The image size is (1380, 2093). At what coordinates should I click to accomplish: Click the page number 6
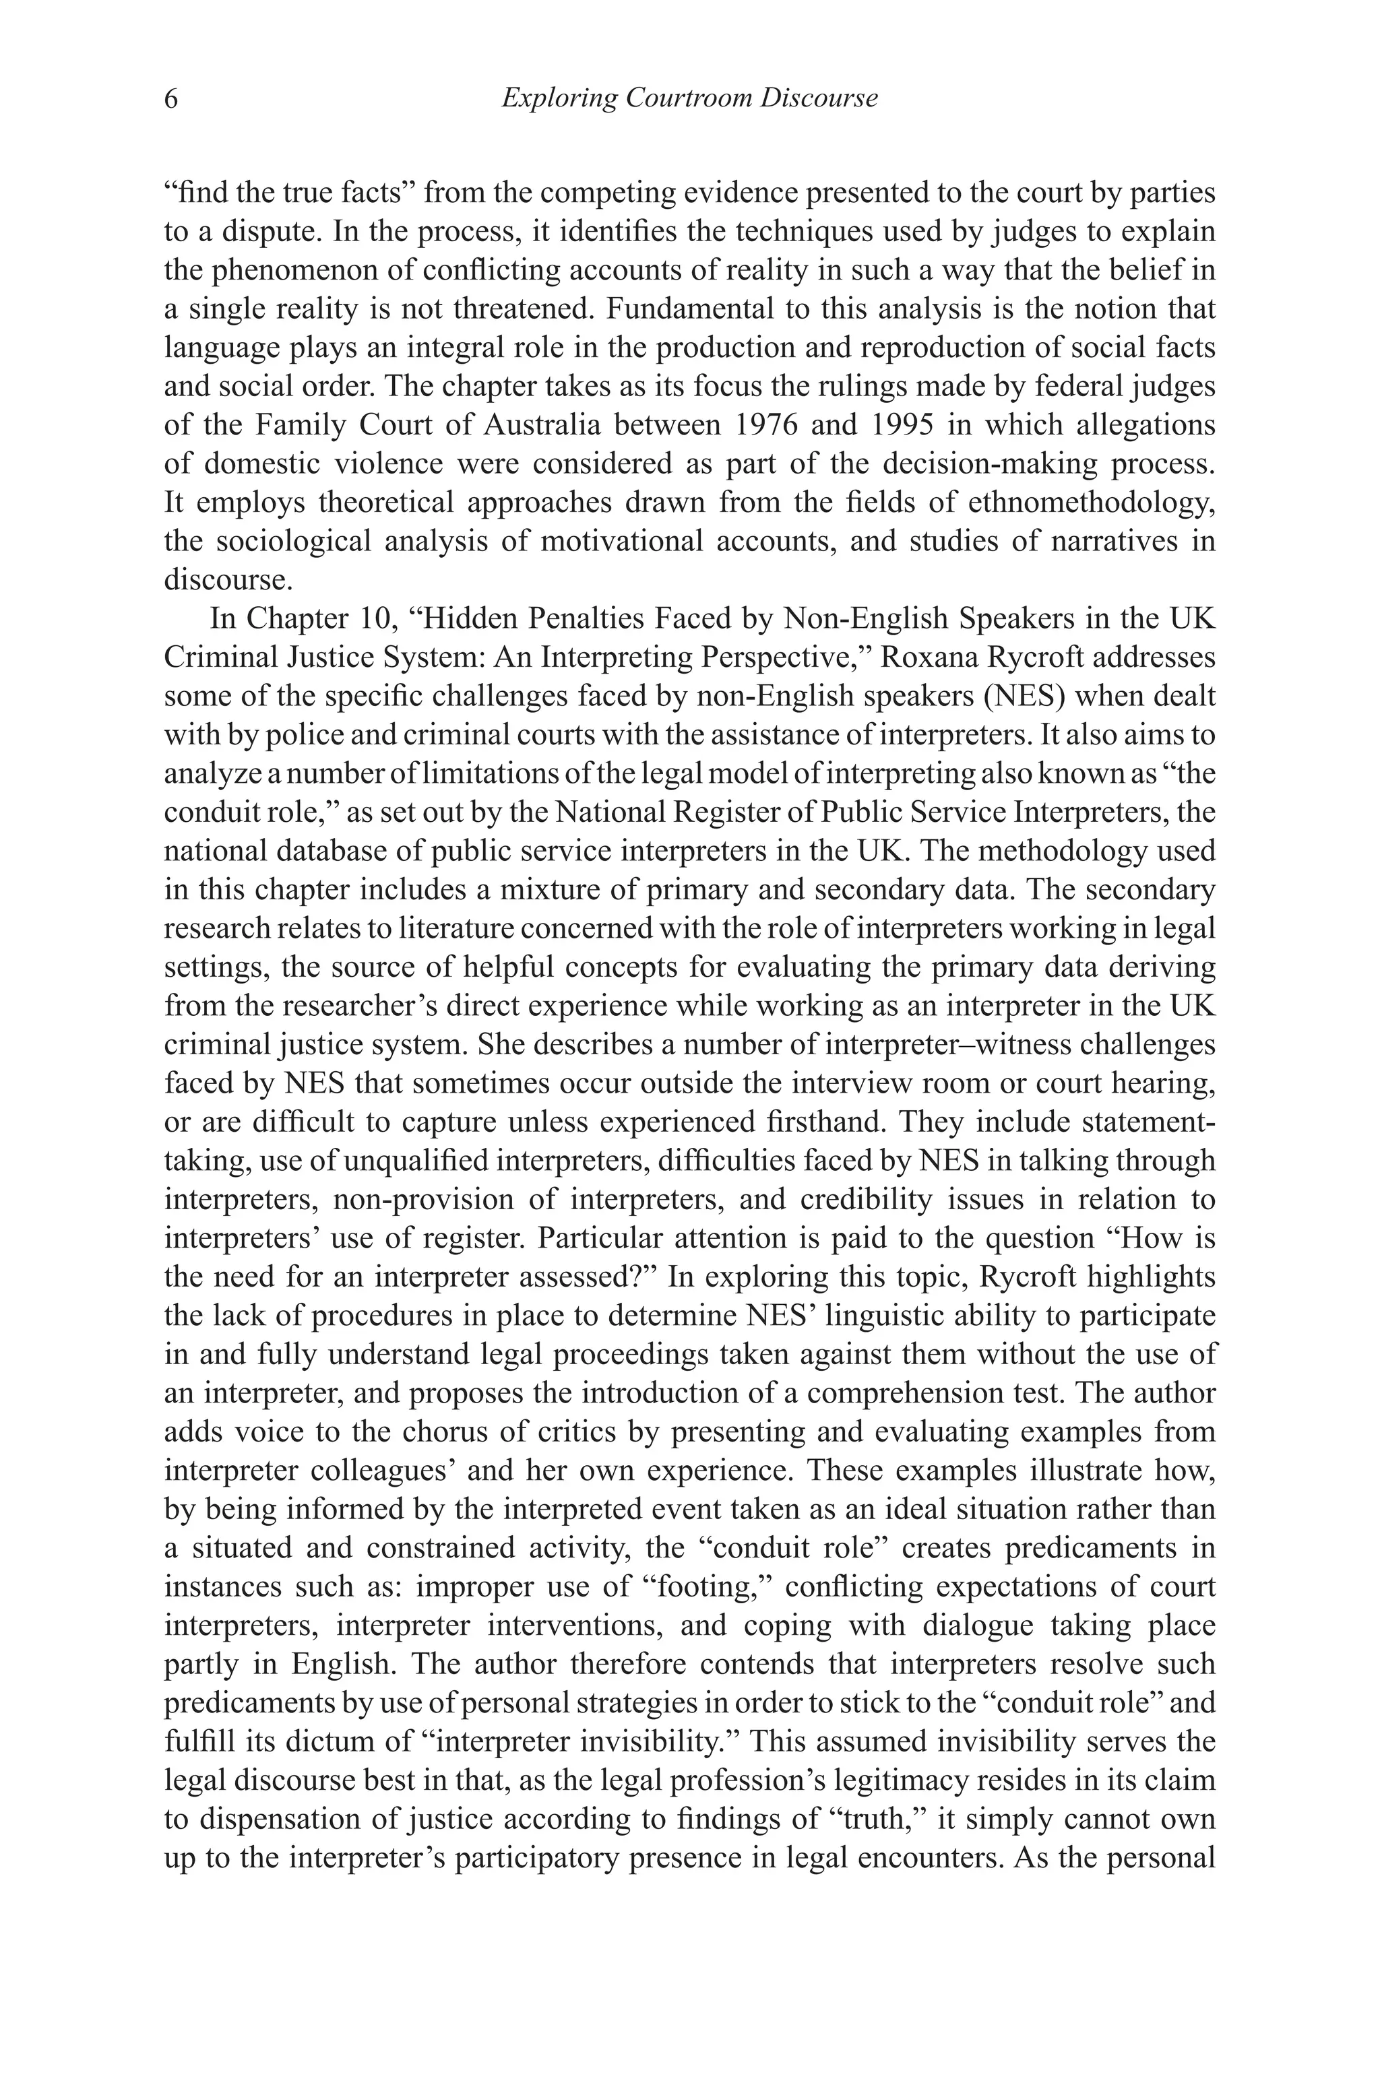click(x=170, y=98)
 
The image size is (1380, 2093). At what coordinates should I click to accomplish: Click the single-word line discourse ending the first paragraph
click(x=216, y=580)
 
